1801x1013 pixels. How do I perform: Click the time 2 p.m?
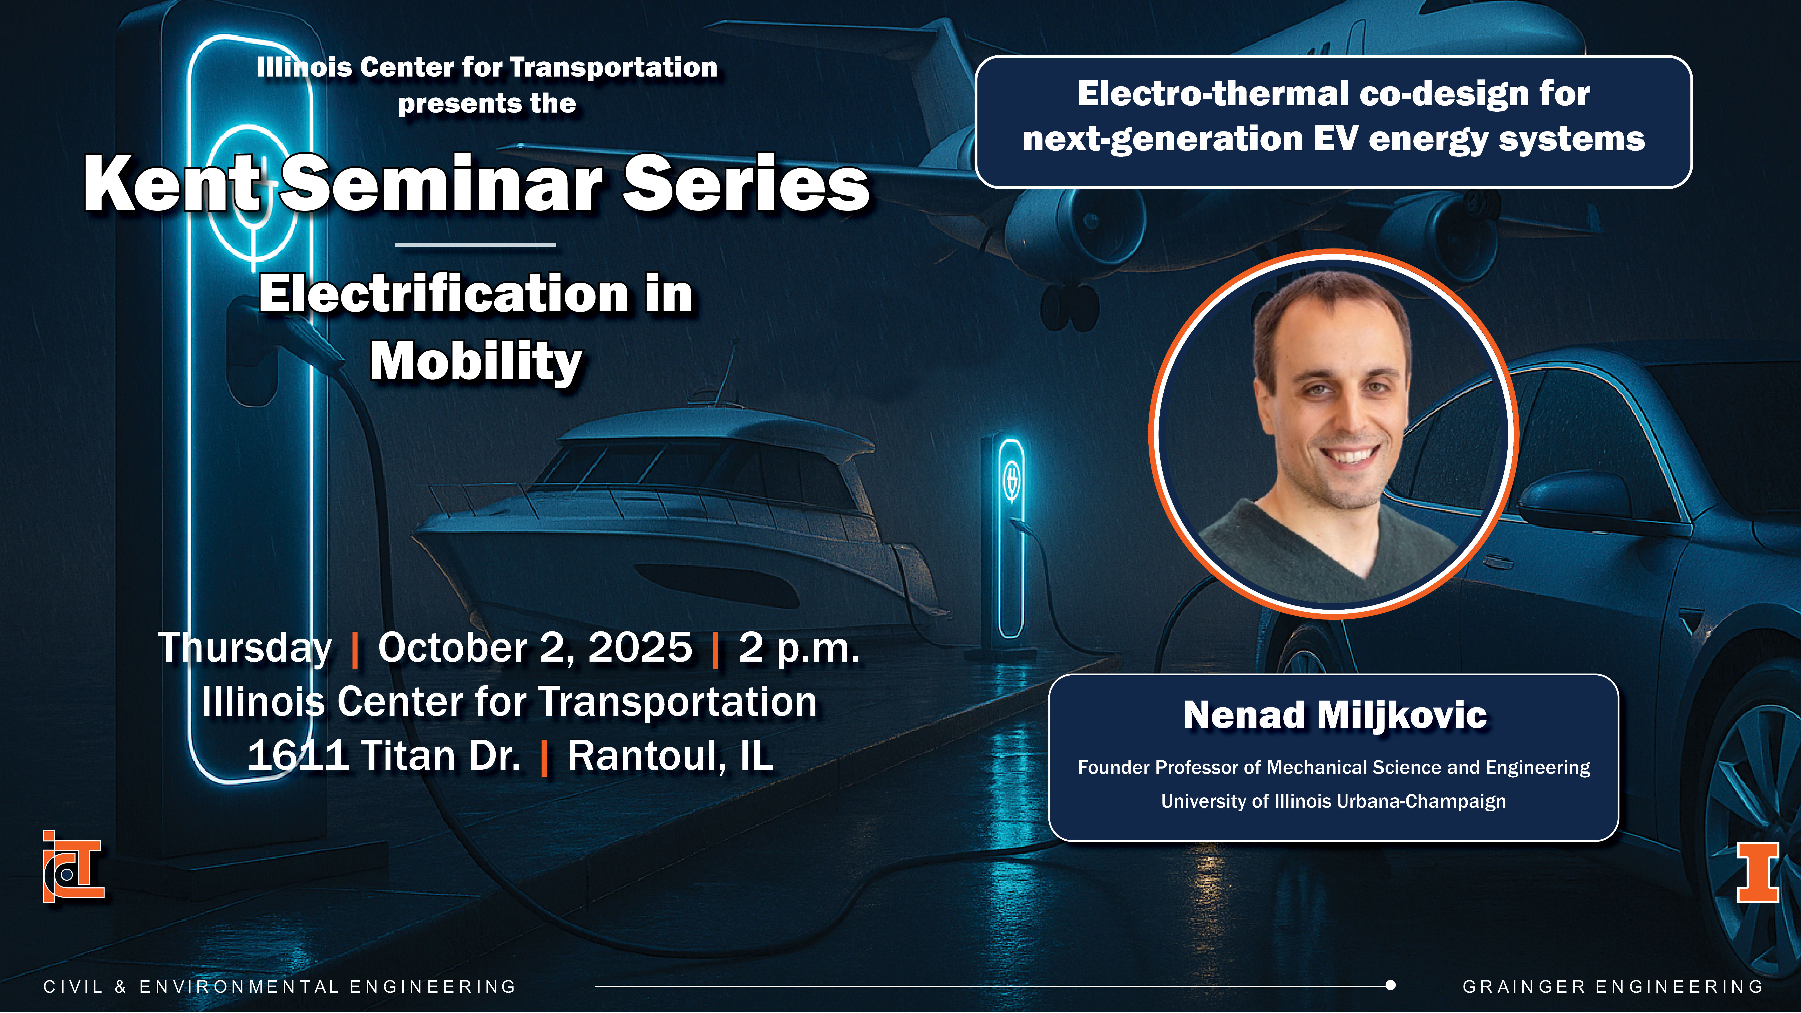pos(799,648)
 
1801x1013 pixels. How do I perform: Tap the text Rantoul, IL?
pos(670,756)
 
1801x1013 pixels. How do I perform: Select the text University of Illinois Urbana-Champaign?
pos(1333,801)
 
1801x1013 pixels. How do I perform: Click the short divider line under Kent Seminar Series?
pos(475,245)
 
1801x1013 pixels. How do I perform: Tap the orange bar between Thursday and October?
pos(355,649)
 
